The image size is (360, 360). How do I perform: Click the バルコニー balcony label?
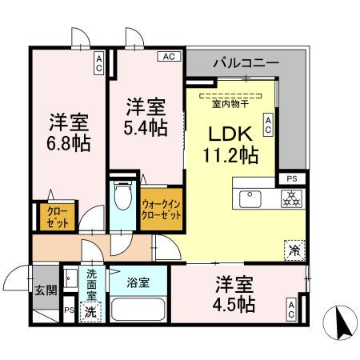point(246,62)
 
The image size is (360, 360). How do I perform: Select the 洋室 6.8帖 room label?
point(68,134)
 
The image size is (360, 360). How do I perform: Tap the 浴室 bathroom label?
point(138,282)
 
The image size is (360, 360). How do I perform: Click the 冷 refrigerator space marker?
point(294,250)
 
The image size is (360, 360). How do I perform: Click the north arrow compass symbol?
point(339,324)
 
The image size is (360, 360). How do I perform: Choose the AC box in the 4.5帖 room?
point(291,310)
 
